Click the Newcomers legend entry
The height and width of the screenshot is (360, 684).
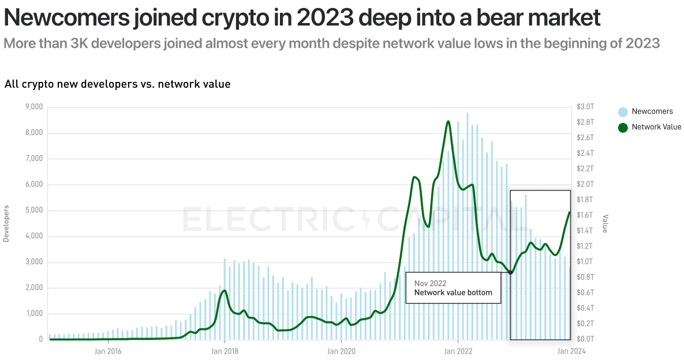coord(651,111)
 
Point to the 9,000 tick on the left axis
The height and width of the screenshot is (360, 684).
coord(33,107)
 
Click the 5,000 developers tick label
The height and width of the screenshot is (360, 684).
coord(33,211)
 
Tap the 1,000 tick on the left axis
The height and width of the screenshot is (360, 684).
coord(33,314)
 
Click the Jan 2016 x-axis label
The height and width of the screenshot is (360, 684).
coord(107,350)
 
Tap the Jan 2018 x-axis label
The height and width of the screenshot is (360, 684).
coord(224,350)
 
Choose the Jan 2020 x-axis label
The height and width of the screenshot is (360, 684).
coord(341,350)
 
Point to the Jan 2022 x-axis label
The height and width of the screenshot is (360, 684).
coord(458,350)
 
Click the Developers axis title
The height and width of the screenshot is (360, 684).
coord(6,223)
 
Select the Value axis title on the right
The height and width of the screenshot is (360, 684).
coord(605,223)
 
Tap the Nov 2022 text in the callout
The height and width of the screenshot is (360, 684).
coord(429,283)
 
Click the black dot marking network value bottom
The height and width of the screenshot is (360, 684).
coord(510,273)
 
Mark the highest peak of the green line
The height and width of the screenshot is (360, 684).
coord(448,121)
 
